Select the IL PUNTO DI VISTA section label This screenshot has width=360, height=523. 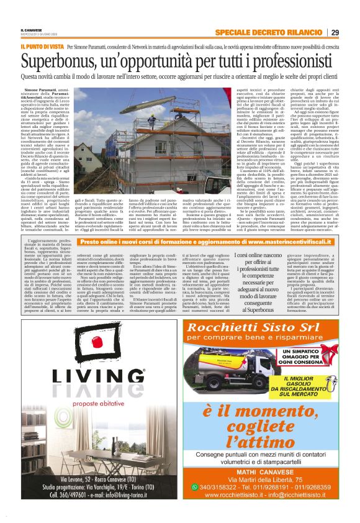point(42,47)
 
